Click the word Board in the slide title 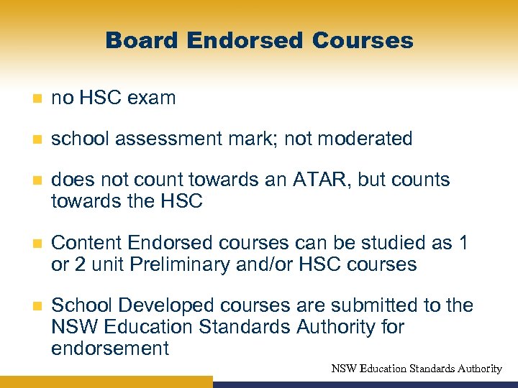[x=141, y=40]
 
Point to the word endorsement [x=110, y=349]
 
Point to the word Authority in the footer [x=479, y=369]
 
